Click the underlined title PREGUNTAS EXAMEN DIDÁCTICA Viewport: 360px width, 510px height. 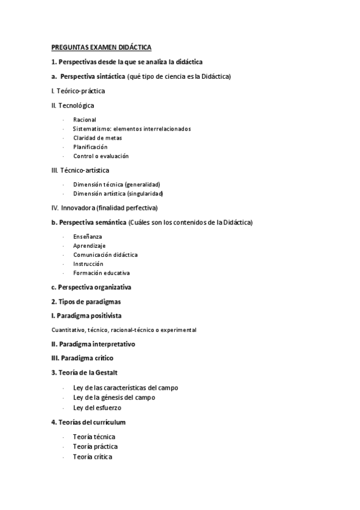[102, 47]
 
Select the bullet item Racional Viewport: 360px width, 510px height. [85, 120]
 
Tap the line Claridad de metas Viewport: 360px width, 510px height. [97, 138]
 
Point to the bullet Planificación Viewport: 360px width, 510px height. [91, 147]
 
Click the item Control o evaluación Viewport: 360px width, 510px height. [101, 156]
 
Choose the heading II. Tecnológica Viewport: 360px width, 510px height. [73, 105]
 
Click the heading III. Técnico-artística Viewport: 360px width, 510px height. [80, 170]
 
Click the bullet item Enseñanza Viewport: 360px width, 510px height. [88, 237]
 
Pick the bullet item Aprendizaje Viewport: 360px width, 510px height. [90, 246]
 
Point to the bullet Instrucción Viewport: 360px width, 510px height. [88, 263]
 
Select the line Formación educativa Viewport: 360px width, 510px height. [102, 272]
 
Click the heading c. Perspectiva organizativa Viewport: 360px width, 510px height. [91, 287]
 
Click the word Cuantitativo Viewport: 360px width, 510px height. [68, 330]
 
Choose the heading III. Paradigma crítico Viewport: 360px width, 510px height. [82, 358]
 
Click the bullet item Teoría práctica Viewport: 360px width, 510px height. [95, 447]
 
